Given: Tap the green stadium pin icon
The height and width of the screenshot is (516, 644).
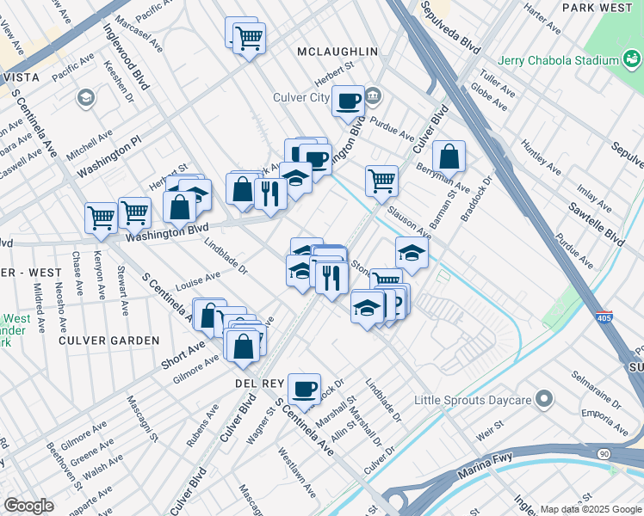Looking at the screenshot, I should (x=633, y=60).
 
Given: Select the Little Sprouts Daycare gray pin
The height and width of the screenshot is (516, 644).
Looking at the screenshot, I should (x=543, y=399).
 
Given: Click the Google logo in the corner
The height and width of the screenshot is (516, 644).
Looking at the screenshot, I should (x=28, y=506).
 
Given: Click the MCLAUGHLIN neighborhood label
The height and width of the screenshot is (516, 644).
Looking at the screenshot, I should (x=337, y=52).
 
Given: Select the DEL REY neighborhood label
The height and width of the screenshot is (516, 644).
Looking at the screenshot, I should (x=254, y=382).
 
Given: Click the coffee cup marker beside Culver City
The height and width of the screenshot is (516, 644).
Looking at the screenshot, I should (x=349, y=101).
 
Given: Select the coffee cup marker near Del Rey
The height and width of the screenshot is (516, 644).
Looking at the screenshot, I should (x=304, y=389).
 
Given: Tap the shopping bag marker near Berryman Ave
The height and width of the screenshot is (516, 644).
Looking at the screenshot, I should (x=449, y=157).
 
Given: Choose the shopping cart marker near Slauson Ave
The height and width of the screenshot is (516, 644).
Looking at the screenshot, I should (x=381, y=181).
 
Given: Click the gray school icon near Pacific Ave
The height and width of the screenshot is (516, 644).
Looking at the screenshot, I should (x=85, y=98).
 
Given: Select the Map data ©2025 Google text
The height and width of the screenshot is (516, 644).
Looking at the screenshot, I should (x=591, y=509).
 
